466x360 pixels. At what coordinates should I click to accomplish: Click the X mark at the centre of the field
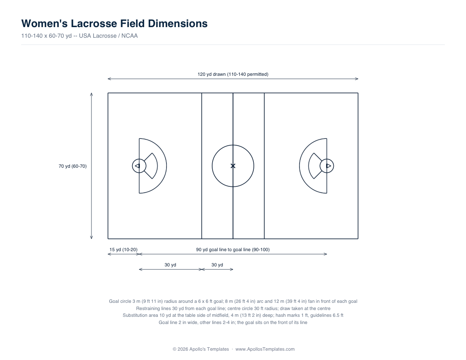click(233, 166)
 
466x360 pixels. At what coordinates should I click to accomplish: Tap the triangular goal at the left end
click(137, 166)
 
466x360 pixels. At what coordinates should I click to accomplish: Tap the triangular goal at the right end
click(328, 166)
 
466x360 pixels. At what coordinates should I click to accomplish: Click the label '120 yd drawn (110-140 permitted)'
click(233, 74)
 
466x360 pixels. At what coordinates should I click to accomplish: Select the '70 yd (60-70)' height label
click(72, 166)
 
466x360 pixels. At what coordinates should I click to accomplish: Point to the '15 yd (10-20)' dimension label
click(123, 249)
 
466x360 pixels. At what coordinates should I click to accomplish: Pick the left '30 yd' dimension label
click(170, 265)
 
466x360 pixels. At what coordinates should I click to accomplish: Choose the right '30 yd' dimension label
click(217, 265)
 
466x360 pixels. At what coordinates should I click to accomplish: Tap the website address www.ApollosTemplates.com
click(265, 349)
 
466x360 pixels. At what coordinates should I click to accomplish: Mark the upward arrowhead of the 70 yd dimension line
click(92, 94)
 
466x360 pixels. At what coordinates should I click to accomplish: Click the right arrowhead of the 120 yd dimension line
click(356, 79)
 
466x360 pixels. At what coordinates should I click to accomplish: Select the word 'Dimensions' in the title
click(178, 23)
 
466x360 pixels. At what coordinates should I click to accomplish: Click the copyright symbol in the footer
click(175, 349)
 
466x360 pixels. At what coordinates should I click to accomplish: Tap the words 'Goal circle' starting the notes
click(120, 301)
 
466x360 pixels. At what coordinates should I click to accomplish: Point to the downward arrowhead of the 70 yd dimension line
click(92, 237)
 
